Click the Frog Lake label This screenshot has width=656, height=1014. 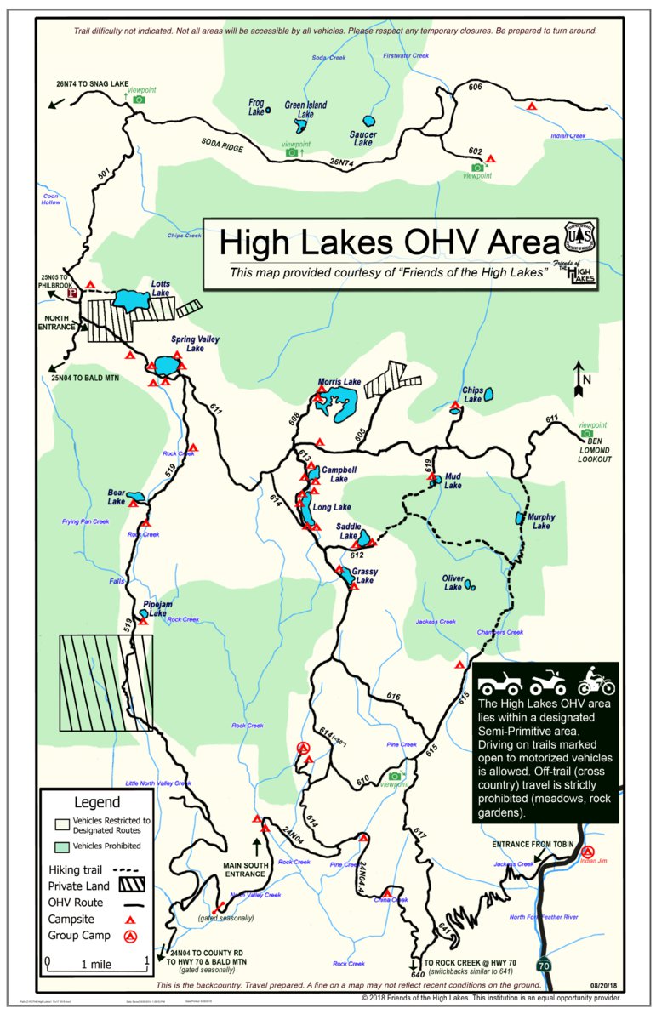point(256,105)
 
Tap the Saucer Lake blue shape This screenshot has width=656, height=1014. point(369,122)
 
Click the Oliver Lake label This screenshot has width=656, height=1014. point(453,583)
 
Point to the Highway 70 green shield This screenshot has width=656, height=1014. point(544,965)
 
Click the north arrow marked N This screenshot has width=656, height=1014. point(579,379)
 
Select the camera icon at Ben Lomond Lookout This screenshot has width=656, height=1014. point(587,434)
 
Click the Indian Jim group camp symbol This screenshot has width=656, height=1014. point(587,851)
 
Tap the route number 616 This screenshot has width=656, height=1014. point(392,697)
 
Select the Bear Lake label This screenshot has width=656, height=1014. point(117,498)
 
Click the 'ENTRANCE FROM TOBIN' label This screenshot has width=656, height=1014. point(533,844)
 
